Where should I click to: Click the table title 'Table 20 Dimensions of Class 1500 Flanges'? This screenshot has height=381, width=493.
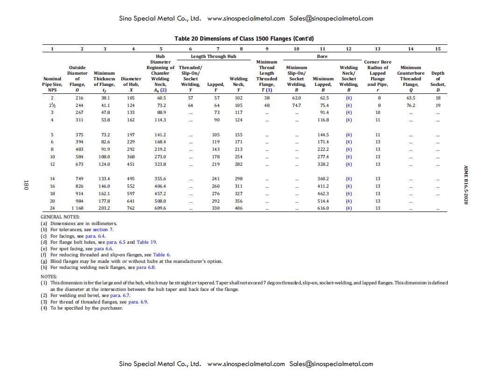(x=240, y=39)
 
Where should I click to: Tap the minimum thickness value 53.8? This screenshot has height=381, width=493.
(x=105, y=120)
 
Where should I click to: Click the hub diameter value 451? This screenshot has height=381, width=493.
(x=131, y=164)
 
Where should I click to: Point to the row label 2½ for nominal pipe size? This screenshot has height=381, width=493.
(x=52, y=106)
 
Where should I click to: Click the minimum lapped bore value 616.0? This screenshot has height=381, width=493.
(x=323, y=208)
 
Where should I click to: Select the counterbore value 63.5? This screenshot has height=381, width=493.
(x=410, y=98)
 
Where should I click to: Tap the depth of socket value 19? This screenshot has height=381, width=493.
(x=438, y=106)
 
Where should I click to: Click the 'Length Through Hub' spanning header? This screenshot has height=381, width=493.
(x=213, y=56)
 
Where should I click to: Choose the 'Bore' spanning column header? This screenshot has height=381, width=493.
(x=322, y=56)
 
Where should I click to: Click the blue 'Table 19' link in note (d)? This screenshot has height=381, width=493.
(x=147, y=242)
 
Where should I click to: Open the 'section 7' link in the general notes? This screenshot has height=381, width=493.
(x=103, y=230)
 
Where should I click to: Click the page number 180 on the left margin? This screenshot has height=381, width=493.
(x=26, y=185)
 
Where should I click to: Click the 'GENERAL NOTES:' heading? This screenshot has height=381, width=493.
(x=60, y=217)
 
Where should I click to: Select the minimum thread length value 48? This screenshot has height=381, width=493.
(x=267, y=106)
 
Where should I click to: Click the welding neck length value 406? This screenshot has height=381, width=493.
(x=239, y=208)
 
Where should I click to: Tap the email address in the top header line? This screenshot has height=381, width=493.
(x=331, y=19)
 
